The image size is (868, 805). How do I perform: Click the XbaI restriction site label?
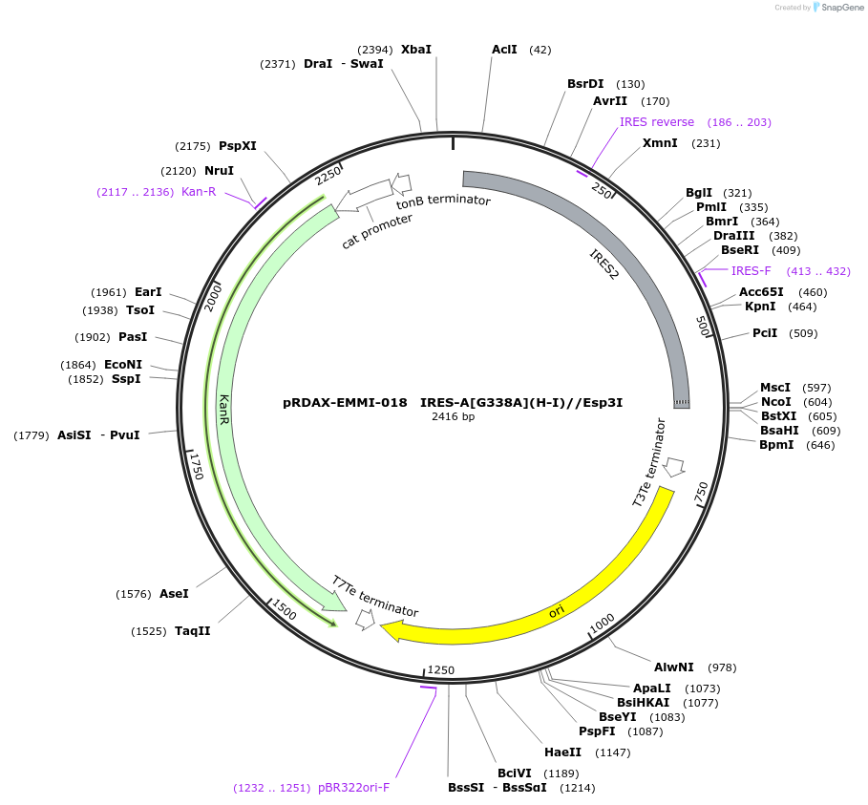coord(416,50)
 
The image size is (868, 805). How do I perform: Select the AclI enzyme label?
coord(504,50)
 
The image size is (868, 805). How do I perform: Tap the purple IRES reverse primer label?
coord(657,122)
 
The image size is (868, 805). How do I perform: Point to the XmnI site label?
coord(660,143)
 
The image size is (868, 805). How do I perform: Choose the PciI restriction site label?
coord(765,333)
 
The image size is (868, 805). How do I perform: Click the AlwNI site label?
coord(674,667)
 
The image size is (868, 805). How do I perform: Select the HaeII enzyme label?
coord(562,752)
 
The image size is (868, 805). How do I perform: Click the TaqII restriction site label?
coord(193,631)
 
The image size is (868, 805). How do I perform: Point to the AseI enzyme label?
coord(174,594)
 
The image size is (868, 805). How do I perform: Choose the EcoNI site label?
coord(123,365)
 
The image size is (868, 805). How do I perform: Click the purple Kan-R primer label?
coord(199,192)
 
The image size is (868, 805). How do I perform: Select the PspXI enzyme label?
coord(238,146)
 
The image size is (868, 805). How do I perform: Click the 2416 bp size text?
coord(453,417)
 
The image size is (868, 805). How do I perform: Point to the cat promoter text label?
coord(377,232)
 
